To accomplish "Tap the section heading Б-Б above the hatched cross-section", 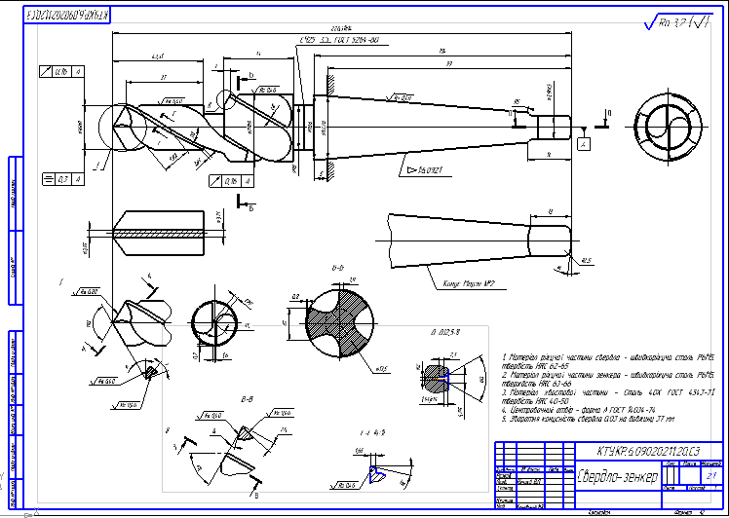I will (340, 266).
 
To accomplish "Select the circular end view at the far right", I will (666, 125).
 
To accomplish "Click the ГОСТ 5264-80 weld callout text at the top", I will (345, 39).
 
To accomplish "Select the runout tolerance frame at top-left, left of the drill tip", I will (60, 70).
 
